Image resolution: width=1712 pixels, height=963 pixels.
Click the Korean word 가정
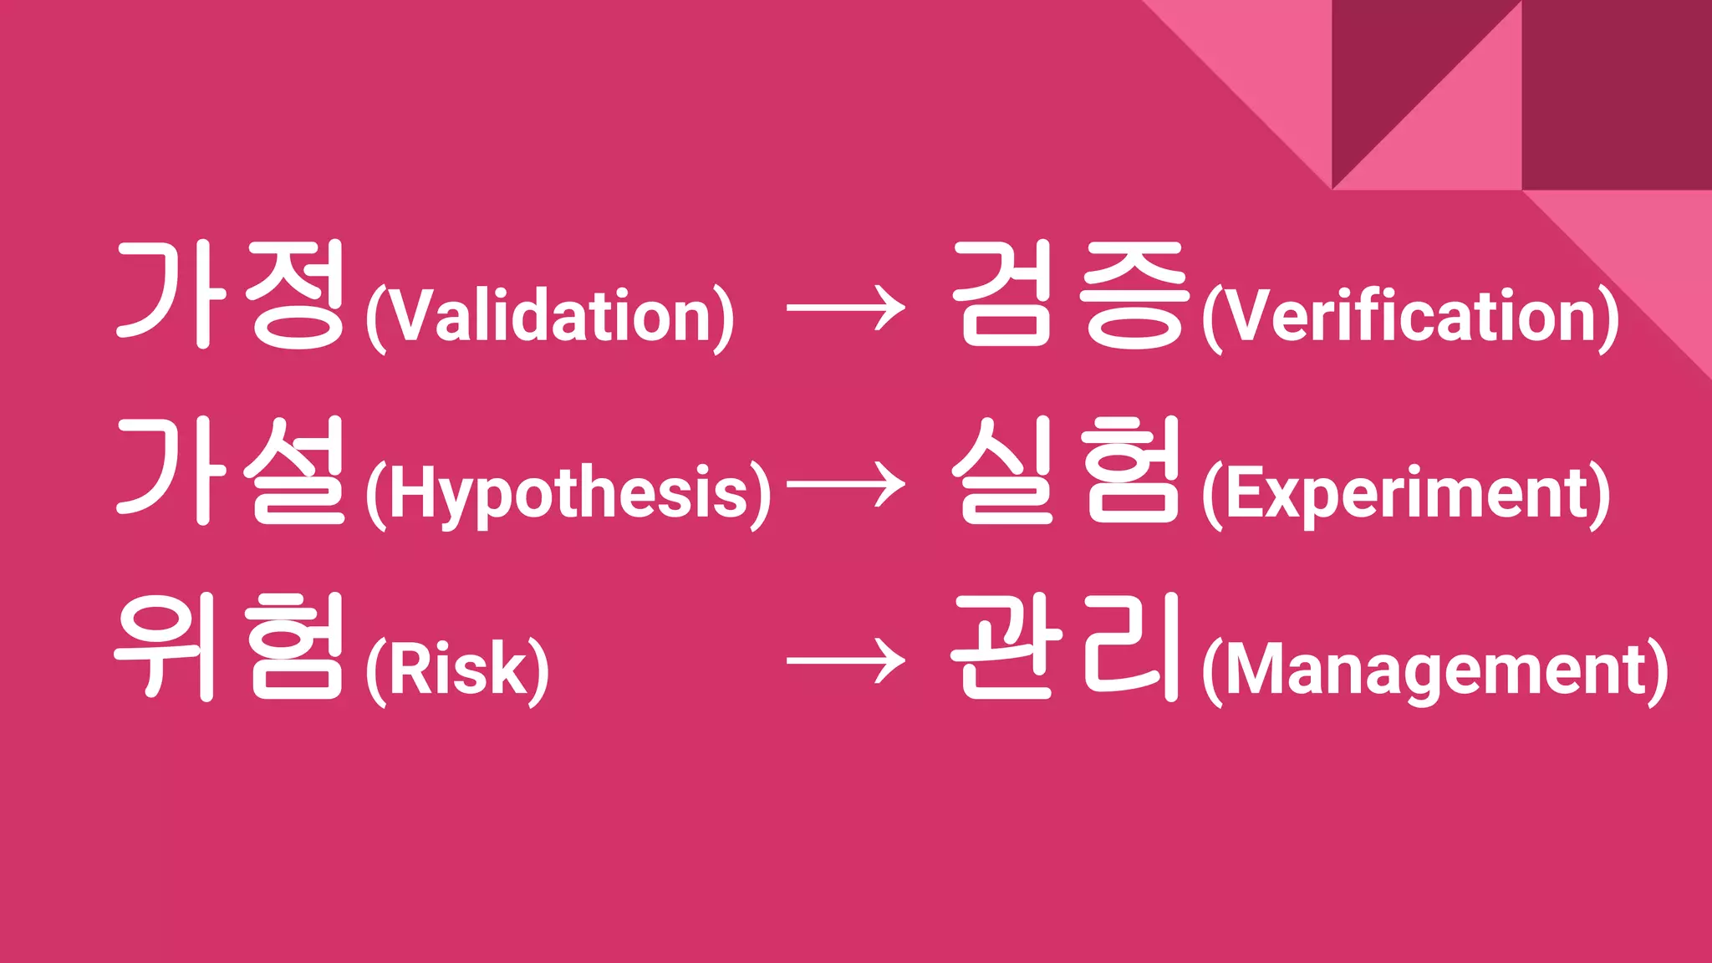click(230, 294)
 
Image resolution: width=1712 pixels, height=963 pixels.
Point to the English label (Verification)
click(1409, 318)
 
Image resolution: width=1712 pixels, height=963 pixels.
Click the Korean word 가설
click(230, 471)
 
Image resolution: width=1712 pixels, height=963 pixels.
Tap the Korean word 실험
click(1067, 471)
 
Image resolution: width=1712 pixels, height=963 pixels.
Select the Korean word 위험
click(228, 647)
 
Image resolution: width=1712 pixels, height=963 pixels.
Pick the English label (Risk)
click(457, 670)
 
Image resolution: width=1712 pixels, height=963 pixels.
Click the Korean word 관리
click(1066, 647)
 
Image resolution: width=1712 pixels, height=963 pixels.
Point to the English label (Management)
click(1434, 670)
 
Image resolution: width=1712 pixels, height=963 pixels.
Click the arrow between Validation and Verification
click(845, 308)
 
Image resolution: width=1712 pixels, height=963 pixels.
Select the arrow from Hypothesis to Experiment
click(845, 485)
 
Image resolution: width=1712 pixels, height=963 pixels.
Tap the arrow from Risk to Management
click(845, 661)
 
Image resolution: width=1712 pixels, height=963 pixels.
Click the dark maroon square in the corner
click(1617, 94)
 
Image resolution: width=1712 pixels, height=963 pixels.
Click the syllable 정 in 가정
click(295, 294)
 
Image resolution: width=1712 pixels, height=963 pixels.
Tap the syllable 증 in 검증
click(1134, 294)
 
